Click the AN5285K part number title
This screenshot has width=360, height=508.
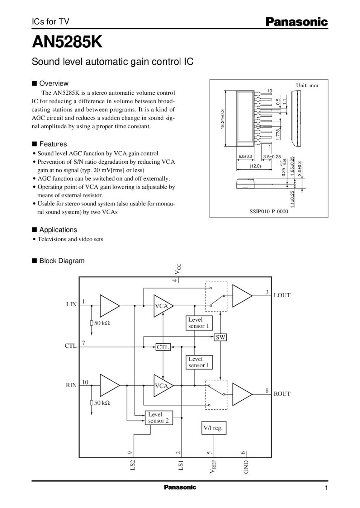tap(67, 43)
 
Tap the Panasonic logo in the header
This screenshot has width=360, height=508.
tap(297, 22)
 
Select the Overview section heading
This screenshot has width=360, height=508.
tap(54, 84)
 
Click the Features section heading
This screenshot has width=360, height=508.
tap(53, 144)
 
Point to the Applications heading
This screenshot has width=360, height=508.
tap(58, 230)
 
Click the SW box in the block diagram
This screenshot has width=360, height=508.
tap(221, 338)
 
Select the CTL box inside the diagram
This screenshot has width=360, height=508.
tap(163, 347)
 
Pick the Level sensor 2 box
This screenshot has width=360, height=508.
tap(159, 418)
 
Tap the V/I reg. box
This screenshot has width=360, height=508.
tap(213, 428)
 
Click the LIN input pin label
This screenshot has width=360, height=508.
tap(71, 304)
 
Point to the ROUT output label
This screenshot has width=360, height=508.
tap(282, 394)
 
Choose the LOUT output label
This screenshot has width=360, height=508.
tap(282, 295)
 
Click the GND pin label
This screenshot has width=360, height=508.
tap(246, 467)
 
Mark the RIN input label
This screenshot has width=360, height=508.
tap(71, 385)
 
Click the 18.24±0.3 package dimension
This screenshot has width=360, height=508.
tap(222, 120)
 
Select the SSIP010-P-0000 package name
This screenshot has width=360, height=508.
tap(269, 211)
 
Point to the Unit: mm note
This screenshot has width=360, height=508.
tap(307, 85)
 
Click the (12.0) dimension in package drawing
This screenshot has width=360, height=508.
tap(255, 166)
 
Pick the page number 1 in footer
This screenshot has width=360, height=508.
tap(326, 488)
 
